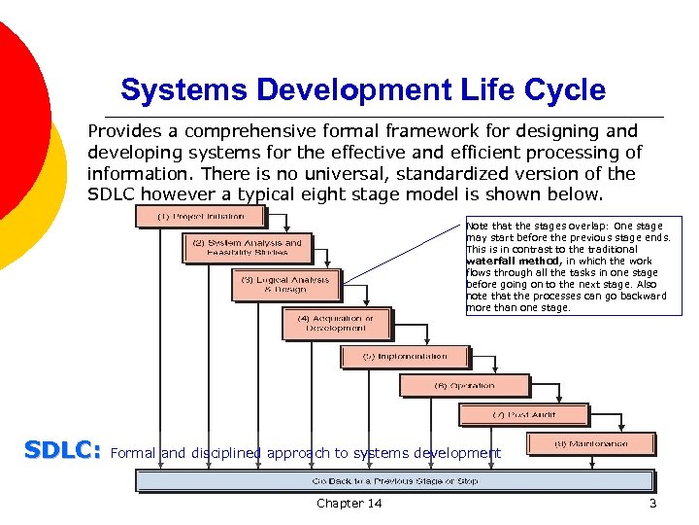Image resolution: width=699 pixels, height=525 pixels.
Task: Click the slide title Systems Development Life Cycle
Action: point(363,90)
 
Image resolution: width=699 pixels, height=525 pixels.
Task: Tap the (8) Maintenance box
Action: point(590,444)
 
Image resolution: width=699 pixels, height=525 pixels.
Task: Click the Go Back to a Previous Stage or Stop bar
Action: point(395,481)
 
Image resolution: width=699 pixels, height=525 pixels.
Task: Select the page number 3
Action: point(652,503)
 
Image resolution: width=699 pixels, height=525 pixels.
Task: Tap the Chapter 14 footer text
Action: point(349,503)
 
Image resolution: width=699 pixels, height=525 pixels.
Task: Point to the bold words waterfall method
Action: point(514,261)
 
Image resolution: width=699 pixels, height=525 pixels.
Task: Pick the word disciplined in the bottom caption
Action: point(226,453)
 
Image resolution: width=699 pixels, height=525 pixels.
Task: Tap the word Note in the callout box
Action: point(479,226)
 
